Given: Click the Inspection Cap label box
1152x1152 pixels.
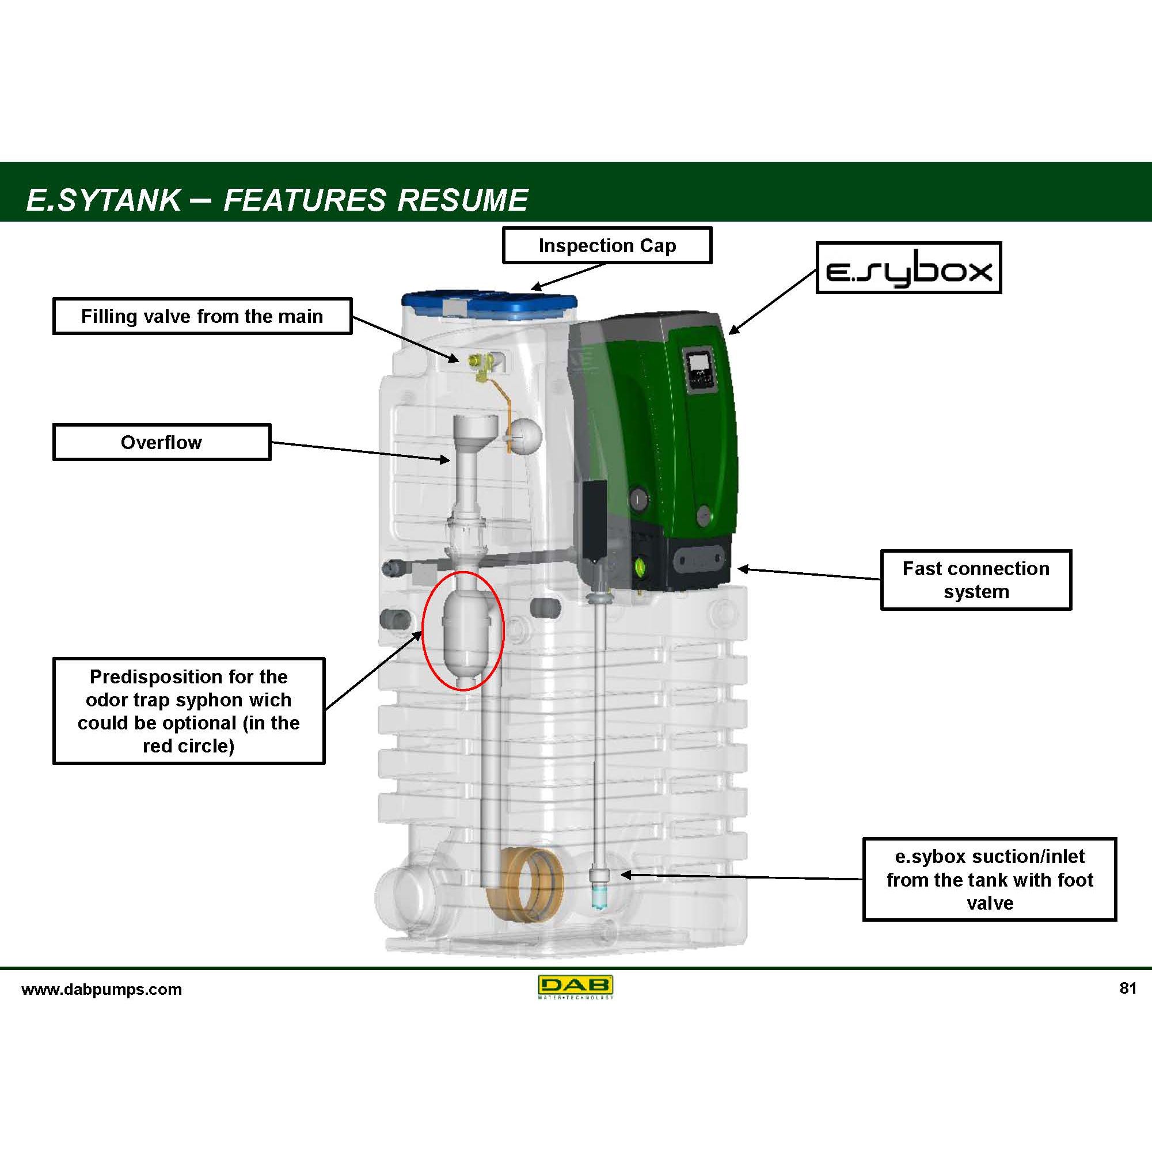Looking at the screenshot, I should (x=606, y=245).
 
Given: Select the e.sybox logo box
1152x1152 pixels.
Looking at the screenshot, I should (x=908, y=268).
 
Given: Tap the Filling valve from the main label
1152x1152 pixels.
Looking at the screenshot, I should (x=202, y=316).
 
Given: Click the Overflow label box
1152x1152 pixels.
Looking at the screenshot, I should (x=162, y=442).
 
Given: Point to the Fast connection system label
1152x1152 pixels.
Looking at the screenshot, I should (x=975, y=580).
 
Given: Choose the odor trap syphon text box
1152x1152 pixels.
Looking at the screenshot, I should (x=188, y=711).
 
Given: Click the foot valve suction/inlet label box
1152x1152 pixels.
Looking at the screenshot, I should (x=989, y=880).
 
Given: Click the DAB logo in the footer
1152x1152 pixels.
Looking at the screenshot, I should (x=575, y=987).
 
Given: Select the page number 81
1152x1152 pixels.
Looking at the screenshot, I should (x=1128, y=988).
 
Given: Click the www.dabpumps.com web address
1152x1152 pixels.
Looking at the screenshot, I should (x=101, y=989).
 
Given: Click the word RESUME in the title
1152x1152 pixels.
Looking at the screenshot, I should (x=463, y=200).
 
